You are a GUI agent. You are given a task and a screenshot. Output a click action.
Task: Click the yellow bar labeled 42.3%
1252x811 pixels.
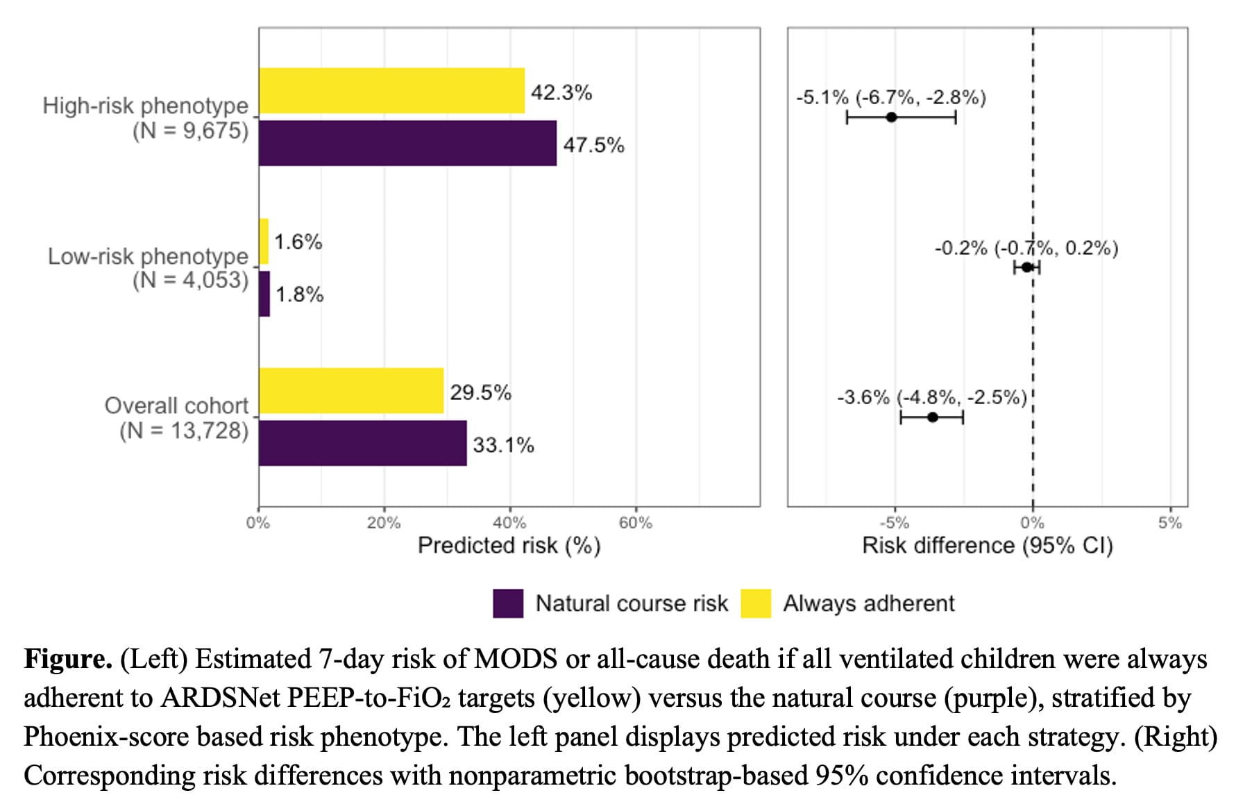(x=392, y=90)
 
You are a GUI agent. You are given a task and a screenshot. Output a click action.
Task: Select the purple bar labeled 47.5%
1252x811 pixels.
(x=408, y=143)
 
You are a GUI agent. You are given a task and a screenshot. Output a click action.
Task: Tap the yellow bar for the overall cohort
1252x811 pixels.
(x=351, y=390)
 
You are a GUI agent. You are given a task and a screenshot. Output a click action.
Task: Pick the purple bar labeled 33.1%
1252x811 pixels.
(x=363, y=443)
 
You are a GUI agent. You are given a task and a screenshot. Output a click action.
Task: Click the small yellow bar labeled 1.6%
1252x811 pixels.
(x=264, y=242)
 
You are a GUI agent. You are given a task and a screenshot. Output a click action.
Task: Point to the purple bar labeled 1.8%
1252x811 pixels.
(x=264, y=294)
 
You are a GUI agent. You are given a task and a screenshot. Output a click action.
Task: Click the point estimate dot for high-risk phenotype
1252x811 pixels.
(x=892, y=117)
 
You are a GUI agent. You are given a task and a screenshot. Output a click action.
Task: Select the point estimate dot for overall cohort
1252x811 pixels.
(x=933, y=417)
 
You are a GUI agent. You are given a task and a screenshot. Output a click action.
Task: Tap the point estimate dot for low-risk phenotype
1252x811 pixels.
(x=1027, y=267)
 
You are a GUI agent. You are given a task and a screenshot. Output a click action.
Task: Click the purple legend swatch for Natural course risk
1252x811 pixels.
(x=508, y=603)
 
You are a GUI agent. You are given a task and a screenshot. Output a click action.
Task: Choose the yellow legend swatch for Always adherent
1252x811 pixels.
(x=756, y=603)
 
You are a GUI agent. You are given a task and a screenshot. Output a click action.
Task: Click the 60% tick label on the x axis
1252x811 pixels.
(x=636, y=523)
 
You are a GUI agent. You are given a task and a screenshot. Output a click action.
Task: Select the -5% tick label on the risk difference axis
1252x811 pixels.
(x=894, y=523)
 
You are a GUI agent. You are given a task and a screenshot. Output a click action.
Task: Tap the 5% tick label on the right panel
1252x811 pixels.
(x=1170, y=523)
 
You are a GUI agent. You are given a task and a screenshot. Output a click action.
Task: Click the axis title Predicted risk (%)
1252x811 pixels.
(x=509, y=546)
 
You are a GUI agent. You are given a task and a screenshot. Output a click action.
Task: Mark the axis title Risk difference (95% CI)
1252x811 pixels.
(x=988, y=546)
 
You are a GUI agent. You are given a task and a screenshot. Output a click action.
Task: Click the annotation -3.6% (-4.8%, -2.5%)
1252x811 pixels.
(x=932, y=397)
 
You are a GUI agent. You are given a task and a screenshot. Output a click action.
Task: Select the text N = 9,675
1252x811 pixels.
(x=191, y=131)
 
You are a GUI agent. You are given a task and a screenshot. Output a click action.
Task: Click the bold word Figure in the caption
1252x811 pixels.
(x=68, y=659)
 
